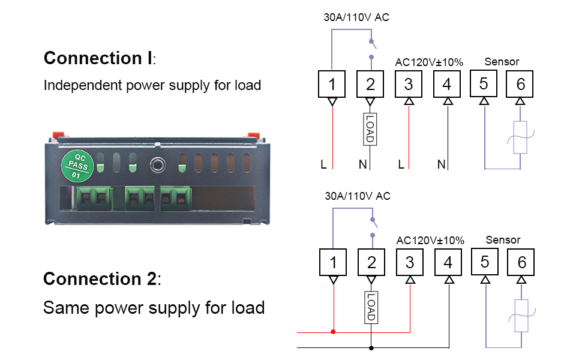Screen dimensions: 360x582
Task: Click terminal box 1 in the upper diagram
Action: point(332,85)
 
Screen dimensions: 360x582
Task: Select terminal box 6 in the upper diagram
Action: point(520,85)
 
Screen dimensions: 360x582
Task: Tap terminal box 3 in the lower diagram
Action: point(410,262)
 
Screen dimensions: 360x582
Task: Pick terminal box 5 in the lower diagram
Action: point(485,262)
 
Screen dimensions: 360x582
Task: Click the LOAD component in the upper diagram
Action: point(370,128)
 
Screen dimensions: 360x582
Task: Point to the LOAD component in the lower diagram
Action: point(370,307)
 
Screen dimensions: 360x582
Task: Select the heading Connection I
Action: point(100,58)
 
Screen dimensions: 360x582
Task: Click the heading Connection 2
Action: point(102,279)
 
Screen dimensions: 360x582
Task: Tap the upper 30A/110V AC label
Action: point(356,17)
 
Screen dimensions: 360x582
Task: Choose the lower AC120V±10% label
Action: point(430,240)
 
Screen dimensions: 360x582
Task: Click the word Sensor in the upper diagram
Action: point(502,61)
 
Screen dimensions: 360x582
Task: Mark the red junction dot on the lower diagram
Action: point(333,331)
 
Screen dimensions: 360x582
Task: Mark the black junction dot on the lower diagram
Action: point(371,347)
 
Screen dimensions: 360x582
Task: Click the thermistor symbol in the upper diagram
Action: point(520,137)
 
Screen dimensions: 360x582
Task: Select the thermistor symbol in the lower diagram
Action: point(521,316)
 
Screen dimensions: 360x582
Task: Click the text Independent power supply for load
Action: point(152,85)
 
